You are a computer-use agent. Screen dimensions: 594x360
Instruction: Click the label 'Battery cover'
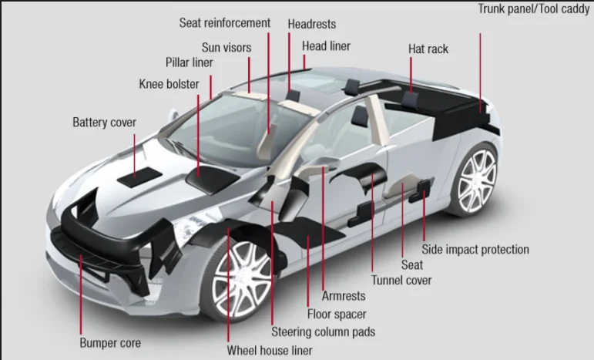pos(104,123)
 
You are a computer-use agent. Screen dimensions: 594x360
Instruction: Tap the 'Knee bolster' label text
pos(169,83)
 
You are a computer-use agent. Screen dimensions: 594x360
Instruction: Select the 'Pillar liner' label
pos(189,62)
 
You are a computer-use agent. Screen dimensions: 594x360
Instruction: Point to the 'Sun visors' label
pos(227,47)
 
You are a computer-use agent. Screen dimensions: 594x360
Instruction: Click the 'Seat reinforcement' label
pos(224,23)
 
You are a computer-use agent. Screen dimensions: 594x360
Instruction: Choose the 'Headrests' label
pos(311,24)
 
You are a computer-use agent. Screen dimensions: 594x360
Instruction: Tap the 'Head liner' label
pos(326,46)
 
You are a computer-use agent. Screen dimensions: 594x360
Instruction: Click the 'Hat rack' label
pos(428,49)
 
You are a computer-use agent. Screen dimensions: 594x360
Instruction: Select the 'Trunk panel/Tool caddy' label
pos(533,9)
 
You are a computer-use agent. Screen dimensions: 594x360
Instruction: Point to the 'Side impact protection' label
pos(475,250)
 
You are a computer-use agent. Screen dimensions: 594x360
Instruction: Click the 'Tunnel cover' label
pos(401,281)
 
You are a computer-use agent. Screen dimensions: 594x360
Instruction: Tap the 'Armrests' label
pos(343,296)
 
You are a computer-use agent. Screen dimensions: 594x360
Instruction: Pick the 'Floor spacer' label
pos(337,314)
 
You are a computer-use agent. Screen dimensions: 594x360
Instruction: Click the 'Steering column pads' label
pos(323,332)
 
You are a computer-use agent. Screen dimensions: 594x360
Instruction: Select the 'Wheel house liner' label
pos(269,349)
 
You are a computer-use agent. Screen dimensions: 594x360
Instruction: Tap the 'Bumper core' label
pos(110,342)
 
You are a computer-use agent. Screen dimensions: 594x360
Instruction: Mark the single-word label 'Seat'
pos(412,265)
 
